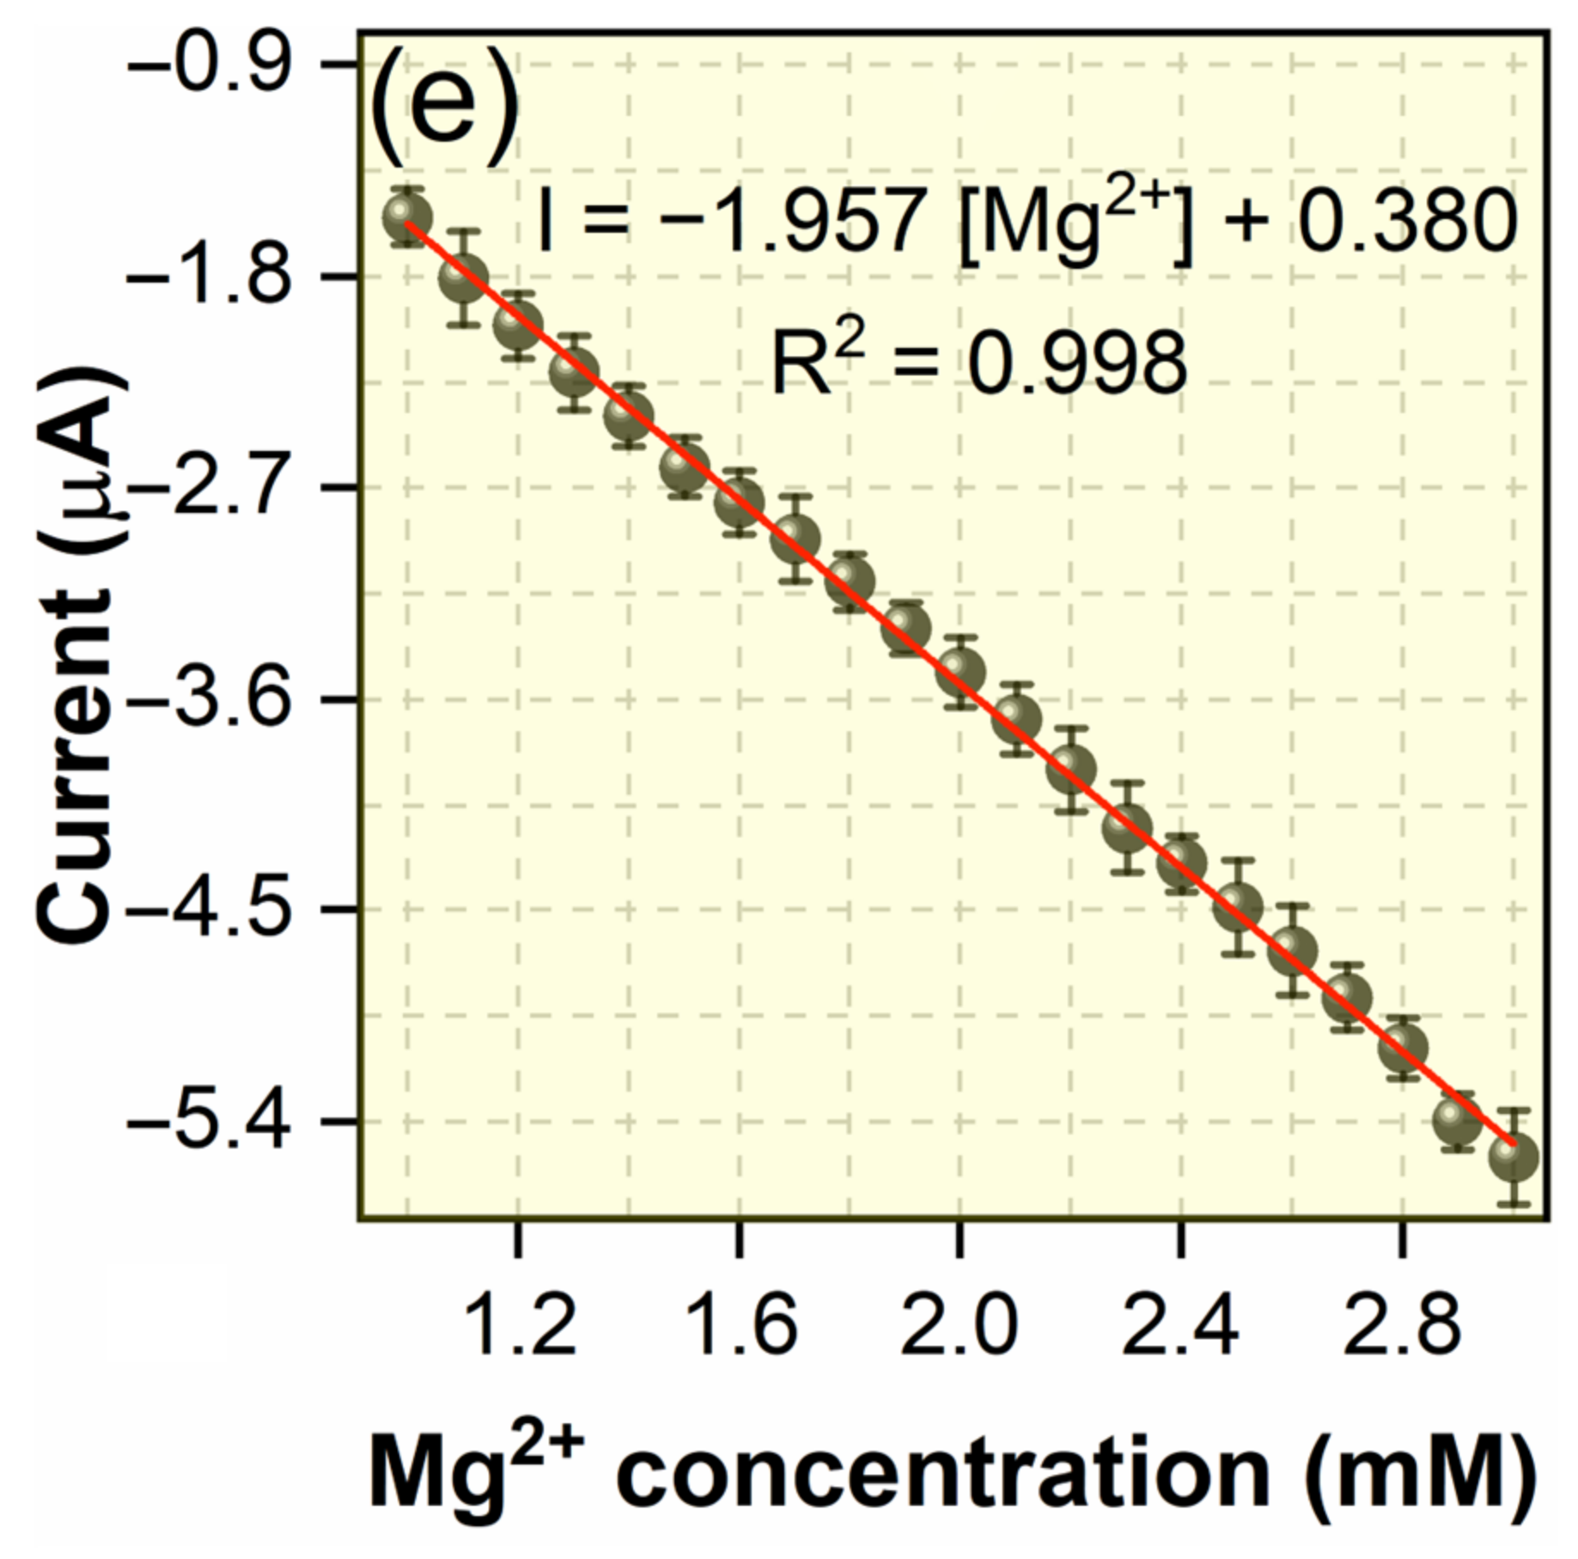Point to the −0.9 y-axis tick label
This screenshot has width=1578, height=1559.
[x=209, y=64]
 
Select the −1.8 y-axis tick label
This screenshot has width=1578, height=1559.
[x=209, y=277]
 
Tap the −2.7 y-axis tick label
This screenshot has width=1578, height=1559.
[x=209, y=487]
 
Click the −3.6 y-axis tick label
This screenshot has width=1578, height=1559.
[x=209, y=698]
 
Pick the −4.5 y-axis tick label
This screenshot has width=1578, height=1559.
[x=209, y=909]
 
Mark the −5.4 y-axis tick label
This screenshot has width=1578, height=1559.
[x=209, y=1121]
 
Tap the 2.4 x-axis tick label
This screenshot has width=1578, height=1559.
[x=1180, y=1328]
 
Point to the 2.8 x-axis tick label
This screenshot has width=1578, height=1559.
[x=1401, y=1328]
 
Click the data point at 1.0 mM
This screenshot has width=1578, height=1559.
[x=407, y=217]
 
